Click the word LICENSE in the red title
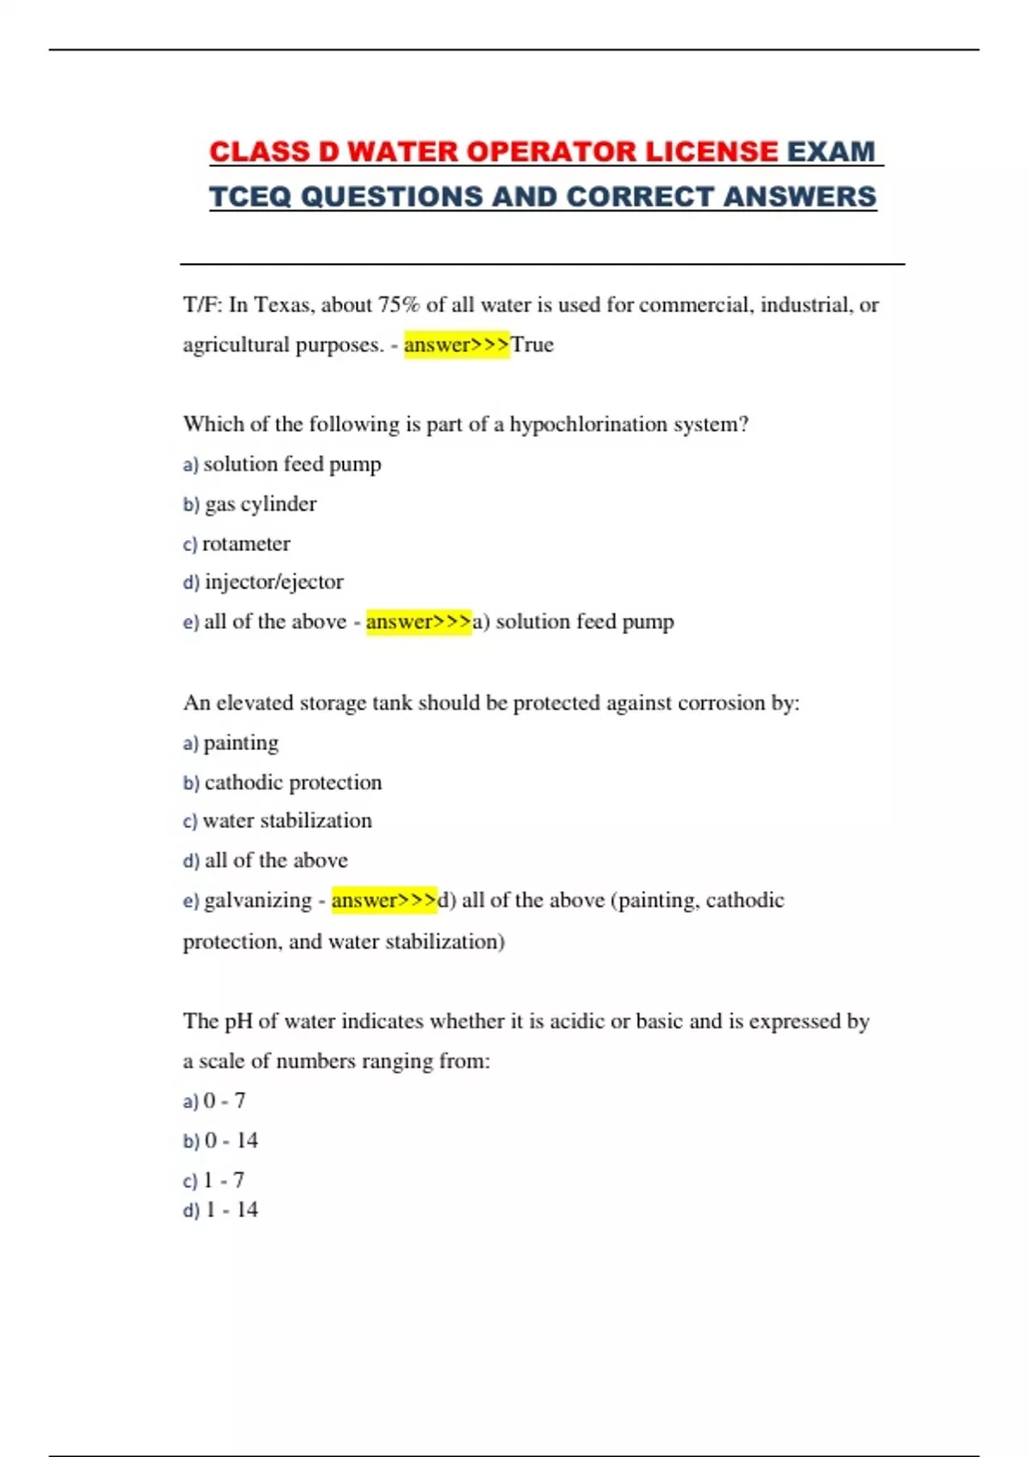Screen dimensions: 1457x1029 tap(711, 152)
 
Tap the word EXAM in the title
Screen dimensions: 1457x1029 tap(831, 152)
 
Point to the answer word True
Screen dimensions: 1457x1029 tap(533, 345)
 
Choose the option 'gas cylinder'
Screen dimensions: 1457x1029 tap(260, 504)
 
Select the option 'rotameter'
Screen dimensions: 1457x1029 tap(246, 543)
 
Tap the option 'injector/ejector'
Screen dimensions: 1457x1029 tap(274, 582)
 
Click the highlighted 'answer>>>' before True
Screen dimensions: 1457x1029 tap(456, 345)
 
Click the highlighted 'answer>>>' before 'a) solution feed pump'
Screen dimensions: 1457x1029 tap(418, 621)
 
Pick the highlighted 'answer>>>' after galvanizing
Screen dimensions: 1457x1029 tap(384, 900)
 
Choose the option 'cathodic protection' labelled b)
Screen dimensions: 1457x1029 tap(292, 782)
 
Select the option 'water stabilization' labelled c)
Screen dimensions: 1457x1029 tap(286, 821)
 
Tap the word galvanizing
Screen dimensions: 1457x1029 tap(257, 901)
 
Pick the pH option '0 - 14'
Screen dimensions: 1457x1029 tap(231, 1141)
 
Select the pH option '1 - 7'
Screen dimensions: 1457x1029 tap(224, 1180)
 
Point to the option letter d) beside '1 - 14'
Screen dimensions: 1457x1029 tap(190, 1210)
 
